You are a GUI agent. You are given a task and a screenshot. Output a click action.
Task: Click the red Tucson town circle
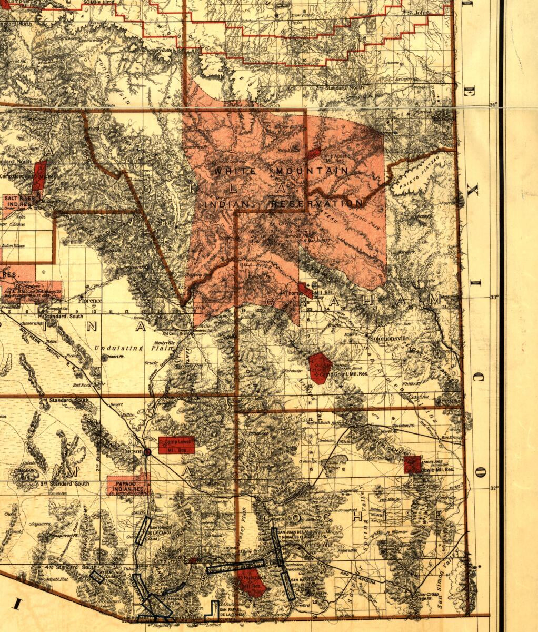click(148, 451)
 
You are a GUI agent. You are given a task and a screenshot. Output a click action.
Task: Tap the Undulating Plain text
click(118, 348)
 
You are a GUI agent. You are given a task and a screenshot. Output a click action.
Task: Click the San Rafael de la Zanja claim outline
click(213, 610)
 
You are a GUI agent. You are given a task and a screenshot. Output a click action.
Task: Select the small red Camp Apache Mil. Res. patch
click(314, 153)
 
